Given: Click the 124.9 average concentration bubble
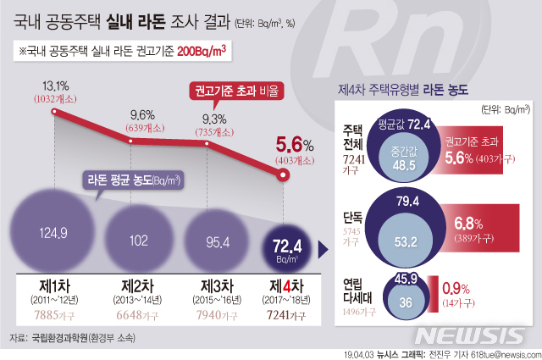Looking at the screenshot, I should [x=53, y=230].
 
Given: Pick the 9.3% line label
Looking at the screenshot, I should [x=214, y=119].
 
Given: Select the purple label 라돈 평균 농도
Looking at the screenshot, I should [x=135, y=180].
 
